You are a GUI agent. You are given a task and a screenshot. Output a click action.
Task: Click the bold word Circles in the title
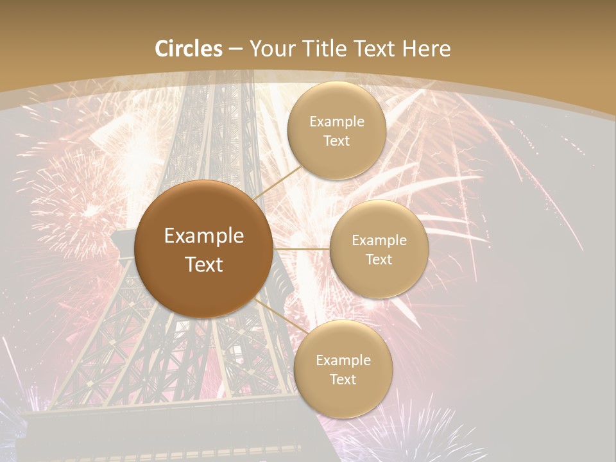click(x=189, y=49)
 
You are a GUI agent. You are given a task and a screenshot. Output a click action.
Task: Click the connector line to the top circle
click(x=278, y=184)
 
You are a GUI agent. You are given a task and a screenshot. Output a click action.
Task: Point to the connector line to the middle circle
click(x=301, y=248)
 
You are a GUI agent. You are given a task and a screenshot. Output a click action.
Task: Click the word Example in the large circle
click(x=204, y=236)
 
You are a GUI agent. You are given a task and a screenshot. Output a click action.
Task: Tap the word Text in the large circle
click(x=204, y=264)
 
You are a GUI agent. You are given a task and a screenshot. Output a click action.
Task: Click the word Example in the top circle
click(x=336, y=121)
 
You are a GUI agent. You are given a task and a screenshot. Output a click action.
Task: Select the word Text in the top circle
click(x=336, y=141)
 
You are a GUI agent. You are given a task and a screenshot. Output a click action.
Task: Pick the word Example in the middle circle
click(x=379, y=240)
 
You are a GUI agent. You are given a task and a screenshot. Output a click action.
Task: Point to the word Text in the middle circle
click(x=379, y=259)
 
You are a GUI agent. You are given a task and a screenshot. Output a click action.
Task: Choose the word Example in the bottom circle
click(x=343, y=360)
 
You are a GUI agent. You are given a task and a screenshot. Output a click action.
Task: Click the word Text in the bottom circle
click(x=343, y=379)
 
